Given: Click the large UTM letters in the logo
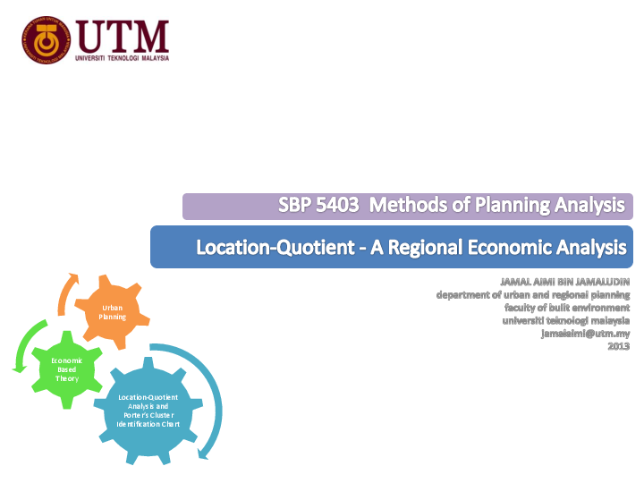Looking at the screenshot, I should coord(123,36).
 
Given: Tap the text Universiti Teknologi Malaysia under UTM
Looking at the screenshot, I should coord(123,58).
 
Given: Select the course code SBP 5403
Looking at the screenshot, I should coord(318,206).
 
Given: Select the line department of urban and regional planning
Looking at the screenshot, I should coord(533,295).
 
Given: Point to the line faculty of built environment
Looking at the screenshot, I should coord(567,308).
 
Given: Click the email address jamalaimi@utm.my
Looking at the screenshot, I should coord(585,333).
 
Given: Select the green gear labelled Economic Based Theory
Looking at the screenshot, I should coord(66,369).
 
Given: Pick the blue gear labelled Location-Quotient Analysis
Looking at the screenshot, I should coord(148,411).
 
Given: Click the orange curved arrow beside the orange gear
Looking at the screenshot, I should coord(67,291).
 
